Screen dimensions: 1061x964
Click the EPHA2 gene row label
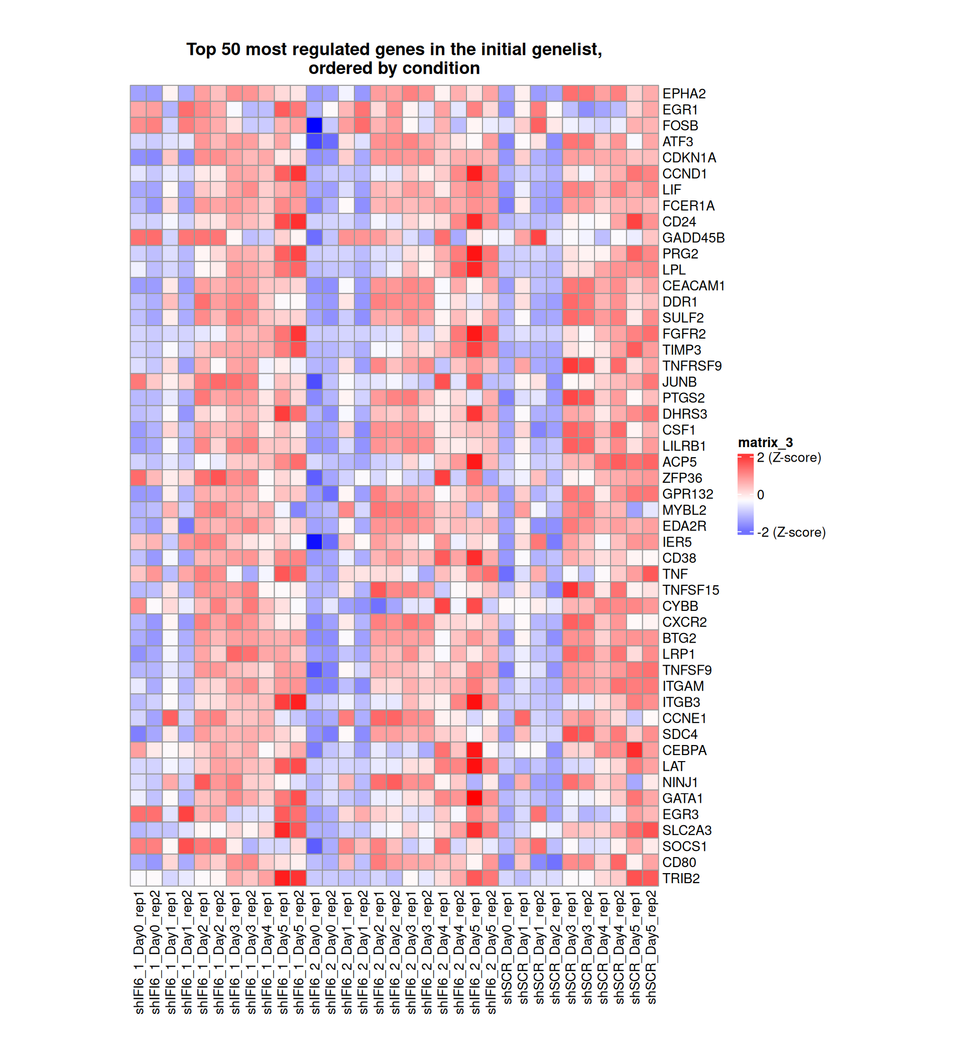[683, 93]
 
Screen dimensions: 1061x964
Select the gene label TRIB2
[680, 878]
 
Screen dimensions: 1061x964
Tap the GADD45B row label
[693, 238]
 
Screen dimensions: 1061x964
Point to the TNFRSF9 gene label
[691, 366]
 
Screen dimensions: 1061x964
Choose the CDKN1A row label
[689, 158]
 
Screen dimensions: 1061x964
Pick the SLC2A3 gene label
[686, 830]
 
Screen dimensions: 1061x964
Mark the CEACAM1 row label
[693, 286]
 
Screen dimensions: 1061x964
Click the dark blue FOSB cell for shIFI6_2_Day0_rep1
[314, 125]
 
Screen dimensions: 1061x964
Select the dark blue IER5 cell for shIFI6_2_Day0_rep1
[314, 542]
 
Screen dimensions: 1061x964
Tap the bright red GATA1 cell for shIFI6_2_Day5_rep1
[474, 798]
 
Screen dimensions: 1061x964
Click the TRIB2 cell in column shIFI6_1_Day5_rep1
[282, 878]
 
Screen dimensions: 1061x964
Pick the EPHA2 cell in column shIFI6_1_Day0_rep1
[138, 93]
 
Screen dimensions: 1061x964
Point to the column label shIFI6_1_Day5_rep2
[299, 952]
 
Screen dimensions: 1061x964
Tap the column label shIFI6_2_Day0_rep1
[315, 952]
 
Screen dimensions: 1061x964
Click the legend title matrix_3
[765, 443]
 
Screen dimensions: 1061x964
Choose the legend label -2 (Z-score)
[791, 533]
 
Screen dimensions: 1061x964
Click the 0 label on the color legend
[761, 495]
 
